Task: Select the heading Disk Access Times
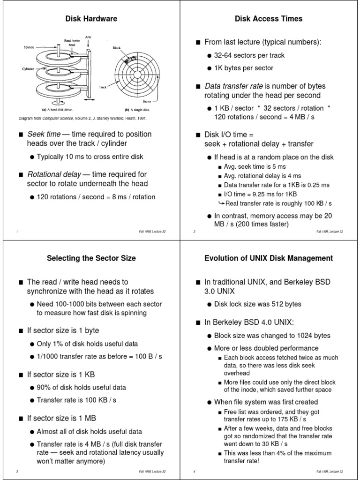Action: click(269, 19)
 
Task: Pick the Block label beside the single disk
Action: click(117, 48)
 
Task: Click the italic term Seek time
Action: click(44, 134)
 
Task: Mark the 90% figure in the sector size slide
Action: click(44, 388)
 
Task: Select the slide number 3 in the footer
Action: click(17, 471)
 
